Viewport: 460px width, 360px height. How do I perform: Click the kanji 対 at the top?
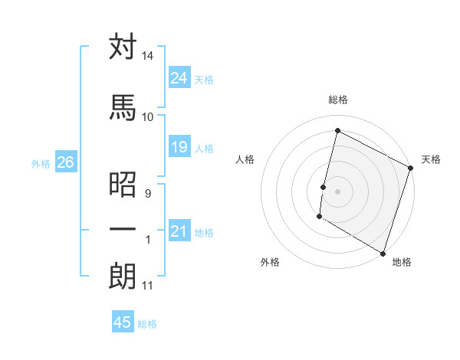(123, 47)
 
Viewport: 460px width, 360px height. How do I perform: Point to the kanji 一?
(123, 230)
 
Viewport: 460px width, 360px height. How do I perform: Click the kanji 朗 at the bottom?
(123, 277)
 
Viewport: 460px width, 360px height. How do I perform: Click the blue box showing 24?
(179, 77)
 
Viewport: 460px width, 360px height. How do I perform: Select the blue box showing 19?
(179, 147)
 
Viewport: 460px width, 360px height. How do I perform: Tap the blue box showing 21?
(179, 231)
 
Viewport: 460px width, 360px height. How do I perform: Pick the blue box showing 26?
(65, 162)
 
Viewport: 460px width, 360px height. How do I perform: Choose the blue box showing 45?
(123, 322)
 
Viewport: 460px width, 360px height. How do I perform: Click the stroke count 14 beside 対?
(148, 56)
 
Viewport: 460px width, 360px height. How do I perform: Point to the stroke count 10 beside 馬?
(148, 116)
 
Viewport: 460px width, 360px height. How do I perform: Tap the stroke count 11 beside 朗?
(148, 286)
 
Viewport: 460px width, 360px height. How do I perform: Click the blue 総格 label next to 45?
(147, 324)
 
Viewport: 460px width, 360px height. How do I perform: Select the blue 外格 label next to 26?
(41, 163)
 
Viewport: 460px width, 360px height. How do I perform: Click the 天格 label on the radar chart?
(431, 159)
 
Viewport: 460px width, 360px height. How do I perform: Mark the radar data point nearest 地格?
(383, 253)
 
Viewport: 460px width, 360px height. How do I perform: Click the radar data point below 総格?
(337, 131)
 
